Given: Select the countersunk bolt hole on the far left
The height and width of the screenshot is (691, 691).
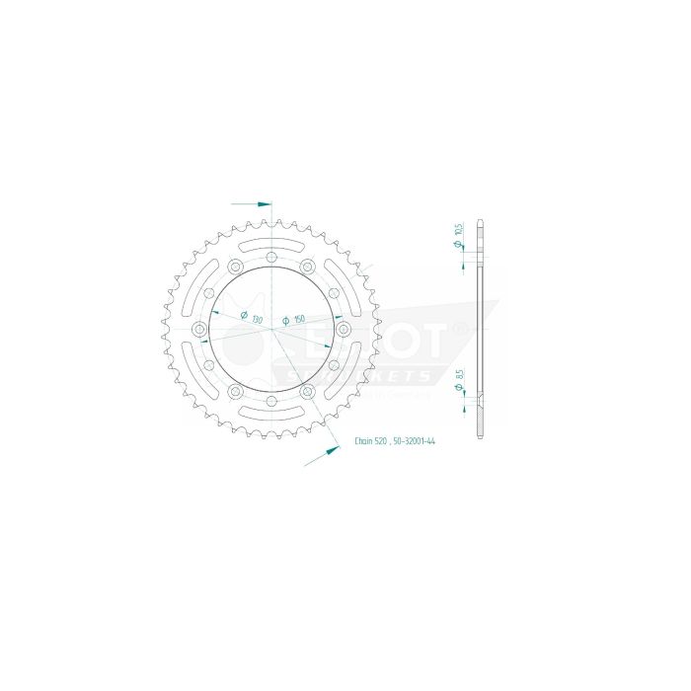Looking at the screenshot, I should click(x=199, y=330).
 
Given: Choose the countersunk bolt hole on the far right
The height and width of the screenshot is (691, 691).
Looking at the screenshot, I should click(x=342, y=330).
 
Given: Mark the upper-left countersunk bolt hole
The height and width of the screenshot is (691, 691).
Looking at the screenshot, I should click(x=234, y=268).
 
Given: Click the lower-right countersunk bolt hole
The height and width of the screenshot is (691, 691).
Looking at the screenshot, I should click(x=307, y=392).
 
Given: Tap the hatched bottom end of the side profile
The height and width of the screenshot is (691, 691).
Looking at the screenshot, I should click(x=480, y=420).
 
